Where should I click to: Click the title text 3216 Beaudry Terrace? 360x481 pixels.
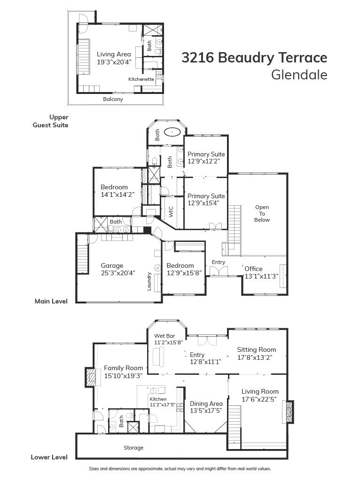[254, 58]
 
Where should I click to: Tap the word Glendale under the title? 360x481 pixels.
[299, 75]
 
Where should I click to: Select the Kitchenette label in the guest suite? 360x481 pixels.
[141, 79]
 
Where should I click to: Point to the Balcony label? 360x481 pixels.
[113, 99]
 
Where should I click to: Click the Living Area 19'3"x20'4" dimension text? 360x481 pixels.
[114, 62]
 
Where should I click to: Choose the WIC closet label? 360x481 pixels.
[171, 212]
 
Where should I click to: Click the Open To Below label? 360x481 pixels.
[262, 213]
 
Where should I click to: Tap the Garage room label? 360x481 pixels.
[112, 265]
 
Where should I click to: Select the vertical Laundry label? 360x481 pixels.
[149, 281]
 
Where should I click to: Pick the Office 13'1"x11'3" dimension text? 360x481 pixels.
[261, 276]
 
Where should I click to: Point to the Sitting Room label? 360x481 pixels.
[256, 349]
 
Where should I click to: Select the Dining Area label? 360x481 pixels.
[206, 403]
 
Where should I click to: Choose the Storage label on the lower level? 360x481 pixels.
[133, 448]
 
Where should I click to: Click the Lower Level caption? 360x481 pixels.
[49, 457]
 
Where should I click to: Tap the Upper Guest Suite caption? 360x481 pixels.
[50, 121]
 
